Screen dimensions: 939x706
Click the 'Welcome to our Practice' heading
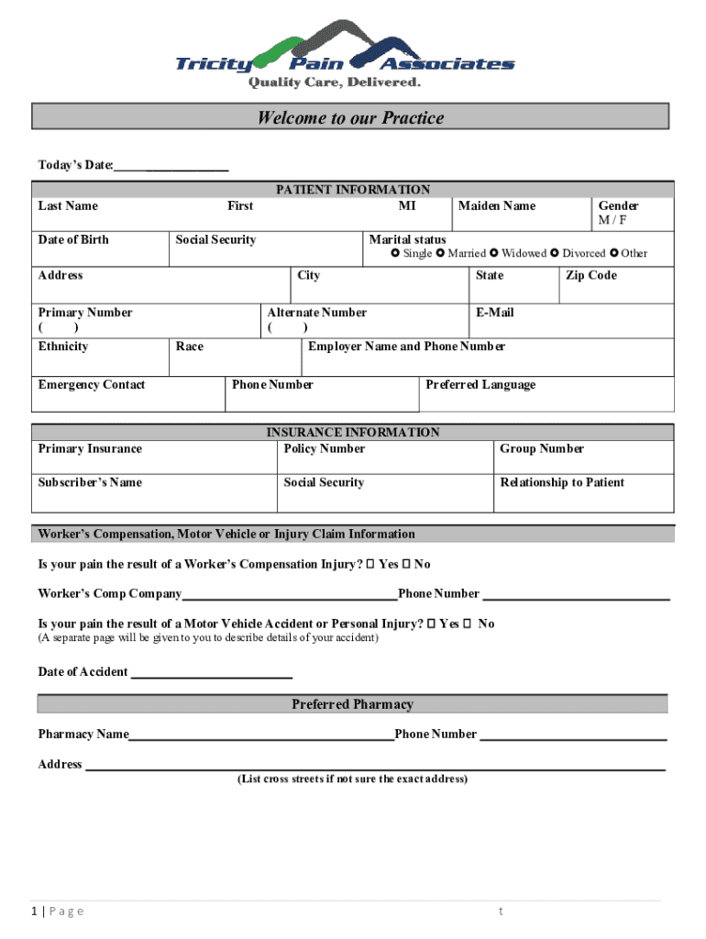click(x=350, y=117)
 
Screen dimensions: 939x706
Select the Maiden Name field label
click(x=496, y=205)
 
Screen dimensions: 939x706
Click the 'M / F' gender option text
click(x=612, y=221)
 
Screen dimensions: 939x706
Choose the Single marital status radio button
click(x=395, y=253)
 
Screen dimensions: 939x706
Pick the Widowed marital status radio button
click(x=493, y=253)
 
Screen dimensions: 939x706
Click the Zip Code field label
click(x=590, y=275)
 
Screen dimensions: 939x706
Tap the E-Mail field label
click(x=494, y=313)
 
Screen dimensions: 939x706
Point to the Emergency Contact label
click(x=91, y=384)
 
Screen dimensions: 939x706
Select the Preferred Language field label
click(x=480, y=384)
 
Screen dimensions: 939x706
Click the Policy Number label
click(x=324, y=448)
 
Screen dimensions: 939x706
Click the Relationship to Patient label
click(x=561, y=482)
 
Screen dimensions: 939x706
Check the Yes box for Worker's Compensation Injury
click(x=370, y=564)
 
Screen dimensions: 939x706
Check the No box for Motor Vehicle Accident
click(x=467, y=624)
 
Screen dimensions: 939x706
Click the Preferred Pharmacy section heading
click(x=352, y=704)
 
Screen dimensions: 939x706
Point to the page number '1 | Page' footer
click(x=57, y=911)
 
